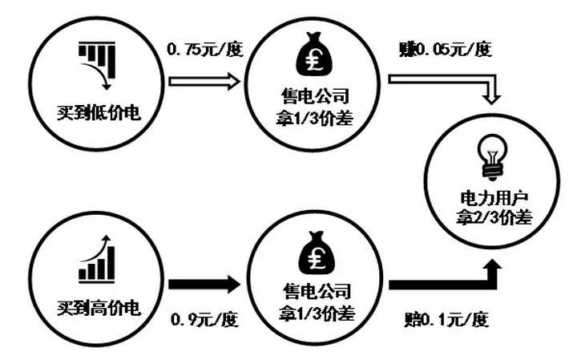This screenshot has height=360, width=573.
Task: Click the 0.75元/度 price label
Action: pos(204,50)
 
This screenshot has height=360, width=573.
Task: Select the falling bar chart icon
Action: pos(95,67)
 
